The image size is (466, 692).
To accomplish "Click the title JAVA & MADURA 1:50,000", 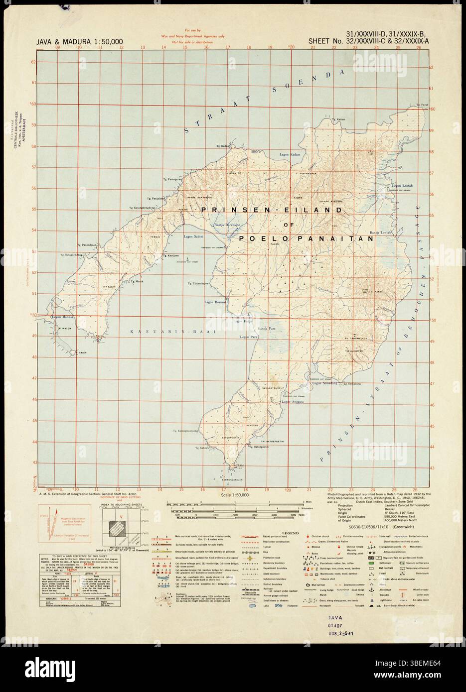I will click(x=80, y=41).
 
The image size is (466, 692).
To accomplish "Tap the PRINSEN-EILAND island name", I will click(x=272, y=211).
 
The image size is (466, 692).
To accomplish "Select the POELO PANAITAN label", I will click(x=306, y=239).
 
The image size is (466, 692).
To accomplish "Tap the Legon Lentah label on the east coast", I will click(x=403, y=185).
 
